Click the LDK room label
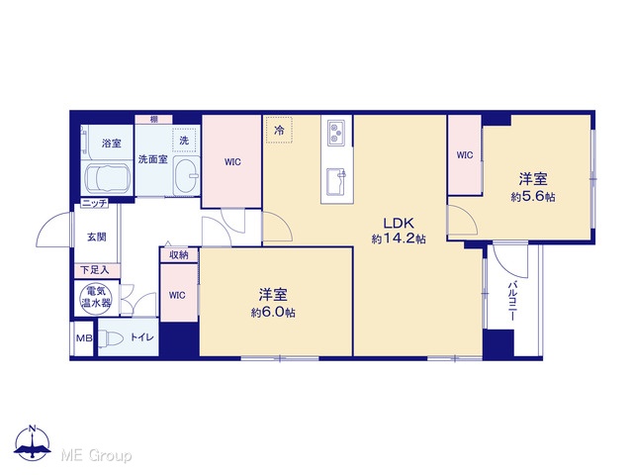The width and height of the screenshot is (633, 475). tap(399, 223)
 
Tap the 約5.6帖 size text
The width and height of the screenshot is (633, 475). tap(533, 197)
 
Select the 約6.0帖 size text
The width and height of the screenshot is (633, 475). tap(273, 313)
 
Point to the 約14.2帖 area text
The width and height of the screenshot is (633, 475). tap(399, 238)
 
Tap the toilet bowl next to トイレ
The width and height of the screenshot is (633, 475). tap(110, 338)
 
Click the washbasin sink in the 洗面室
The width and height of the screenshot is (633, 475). tap(186, 176)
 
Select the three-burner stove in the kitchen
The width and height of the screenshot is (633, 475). tap(336, 133)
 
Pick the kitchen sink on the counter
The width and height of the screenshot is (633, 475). tap(336, 181)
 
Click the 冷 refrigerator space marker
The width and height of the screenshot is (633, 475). tap(279, 130)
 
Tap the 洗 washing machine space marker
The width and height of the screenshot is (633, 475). tap(184, 141)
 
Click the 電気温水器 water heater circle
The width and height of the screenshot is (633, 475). tap(96, 298)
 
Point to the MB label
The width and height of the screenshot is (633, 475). tap(84, 338)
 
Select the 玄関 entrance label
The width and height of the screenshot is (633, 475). tap(97, 237)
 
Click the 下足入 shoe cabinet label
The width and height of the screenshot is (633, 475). tap(95, 270)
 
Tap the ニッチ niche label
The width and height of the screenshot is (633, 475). tap(95, 203)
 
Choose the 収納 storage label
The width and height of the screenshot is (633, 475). tap(178, 255)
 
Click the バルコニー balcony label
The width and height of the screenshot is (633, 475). tap(512, 301)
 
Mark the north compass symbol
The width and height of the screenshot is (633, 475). tap(33, 442)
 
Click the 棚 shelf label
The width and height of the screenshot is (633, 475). tap(154, 119)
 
